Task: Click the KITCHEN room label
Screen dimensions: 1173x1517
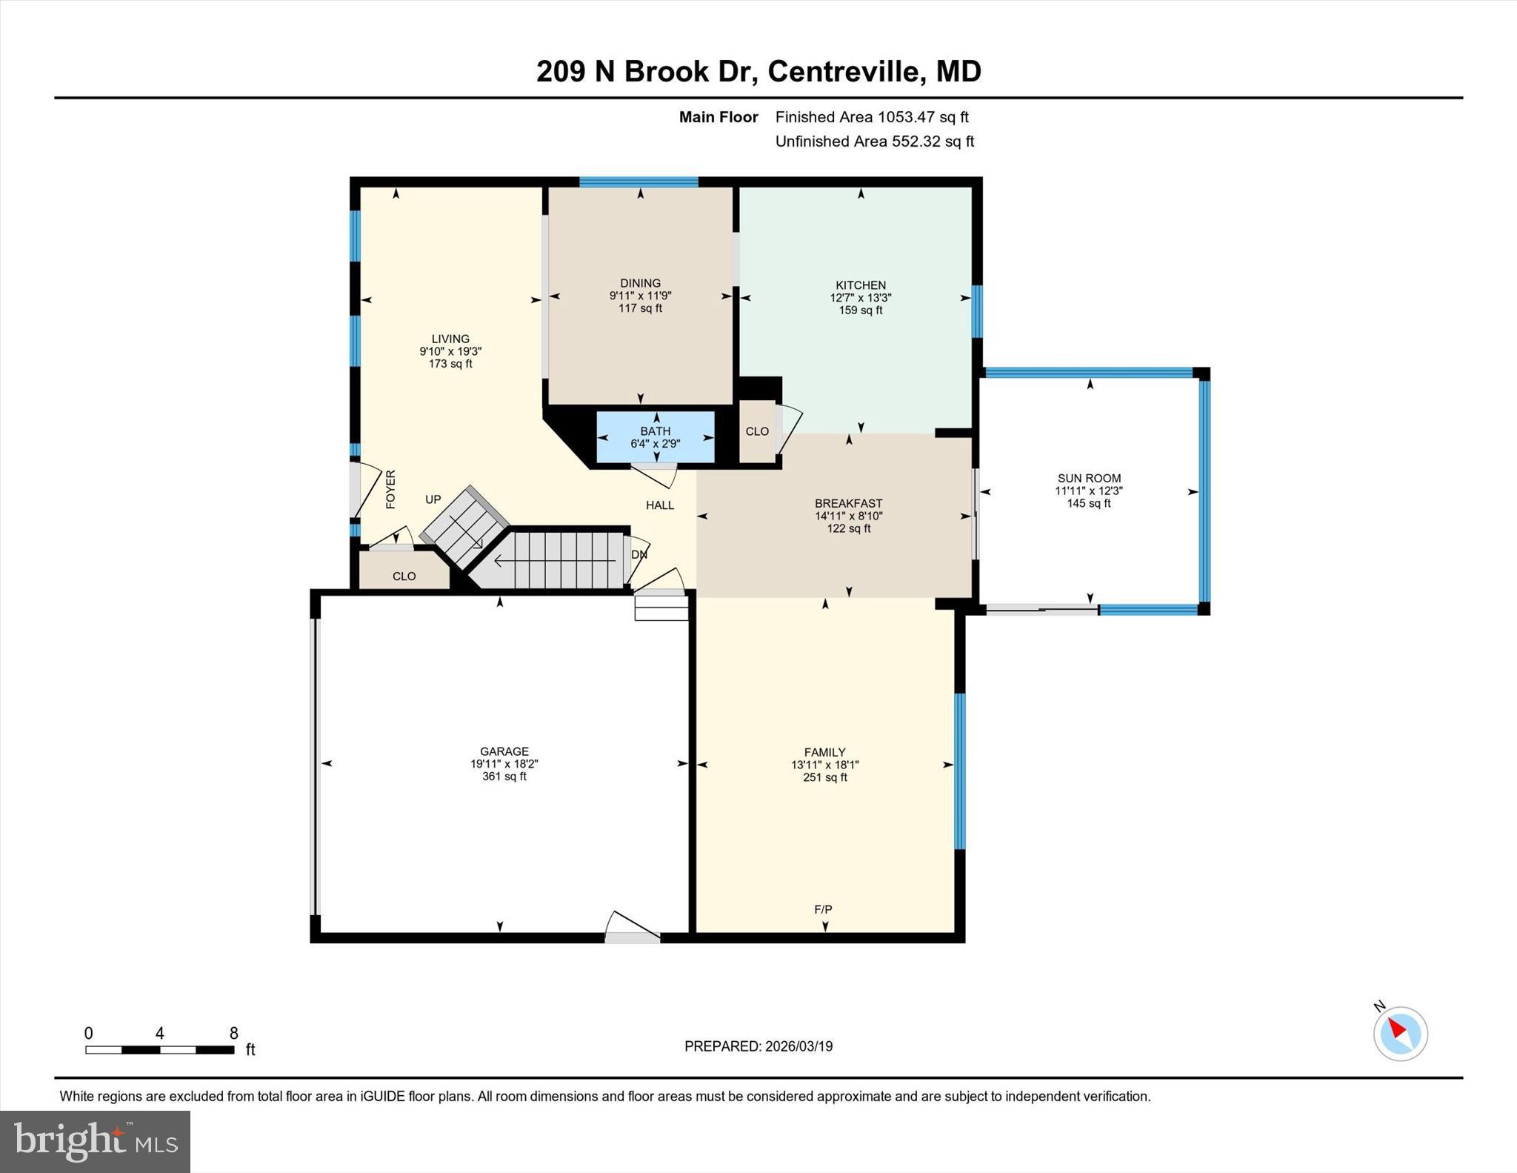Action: pos(860,285)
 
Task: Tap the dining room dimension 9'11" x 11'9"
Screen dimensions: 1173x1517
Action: pos(640,296)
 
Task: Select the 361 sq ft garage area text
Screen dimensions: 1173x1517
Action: pos(504,777)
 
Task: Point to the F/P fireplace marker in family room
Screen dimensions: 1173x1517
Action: pos(823,909)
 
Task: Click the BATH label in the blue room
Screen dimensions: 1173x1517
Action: pos(655,431)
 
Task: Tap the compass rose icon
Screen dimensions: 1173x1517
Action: pos(1400,1033)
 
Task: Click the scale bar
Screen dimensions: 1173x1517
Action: pos(159,1049)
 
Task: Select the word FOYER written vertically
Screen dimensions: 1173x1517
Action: pos(390,489)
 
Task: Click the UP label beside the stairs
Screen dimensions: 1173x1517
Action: pos(433,499)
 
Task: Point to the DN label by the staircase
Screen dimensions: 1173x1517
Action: pos(639,554)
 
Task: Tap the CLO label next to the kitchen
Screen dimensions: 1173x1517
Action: pos(757,431)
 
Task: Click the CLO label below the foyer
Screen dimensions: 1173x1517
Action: pos(404,576)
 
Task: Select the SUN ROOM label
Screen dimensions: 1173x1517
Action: pos(1089,479)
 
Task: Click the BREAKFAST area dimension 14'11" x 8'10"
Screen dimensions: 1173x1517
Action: pos(848,516)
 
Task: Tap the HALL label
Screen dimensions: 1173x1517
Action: pos(659,505)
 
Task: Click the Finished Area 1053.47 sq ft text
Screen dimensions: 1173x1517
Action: pos(871,117)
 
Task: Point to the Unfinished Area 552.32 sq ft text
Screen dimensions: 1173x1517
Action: pos(874,142)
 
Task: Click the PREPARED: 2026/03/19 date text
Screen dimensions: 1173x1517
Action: pos(758,1046)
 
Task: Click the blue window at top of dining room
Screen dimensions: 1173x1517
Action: pos(639,182)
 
